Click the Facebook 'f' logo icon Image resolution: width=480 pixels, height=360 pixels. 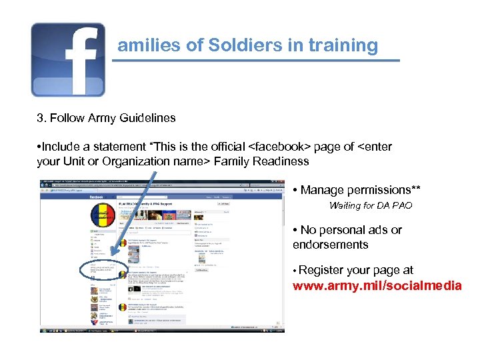[x=68, y=59]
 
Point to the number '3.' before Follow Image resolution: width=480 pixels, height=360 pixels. [x=41, y=118]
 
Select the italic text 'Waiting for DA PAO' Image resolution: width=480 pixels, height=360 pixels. [x=371, y=205]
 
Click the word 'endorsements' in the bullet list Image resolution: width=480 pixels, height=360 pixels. [x=330, y=245]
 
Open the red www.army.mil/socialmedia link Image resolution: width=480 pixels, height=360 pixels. [x=377, y=286]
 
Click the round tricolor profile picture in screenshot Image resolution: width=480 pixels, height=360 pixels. [x=102, y=215]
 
